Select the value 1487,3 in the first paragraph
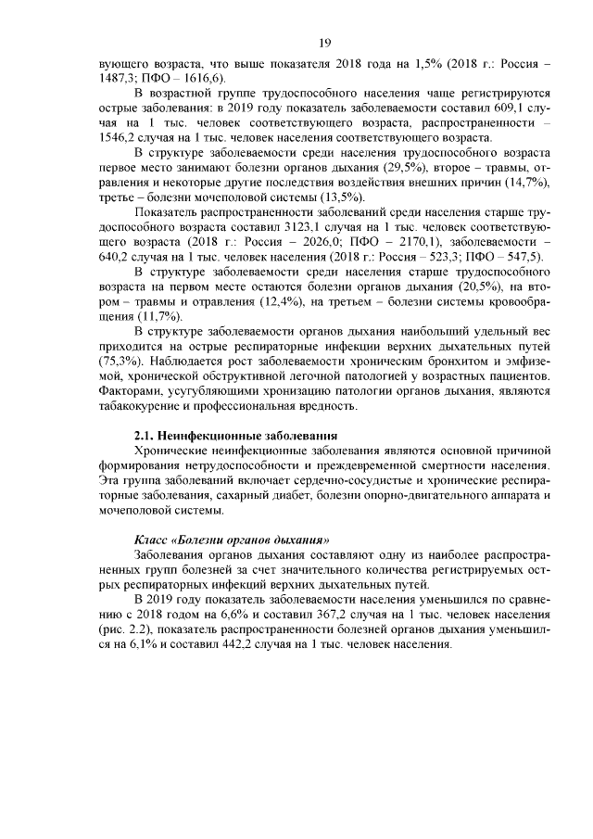tap(118, 79)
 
